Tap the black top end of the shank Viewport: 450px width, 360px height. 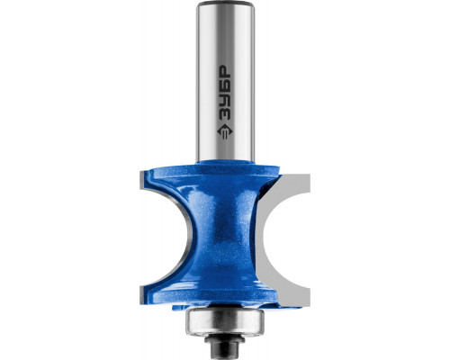click(224, 4)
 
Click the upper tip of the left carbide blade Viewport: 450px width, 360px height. click(140, 172)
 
